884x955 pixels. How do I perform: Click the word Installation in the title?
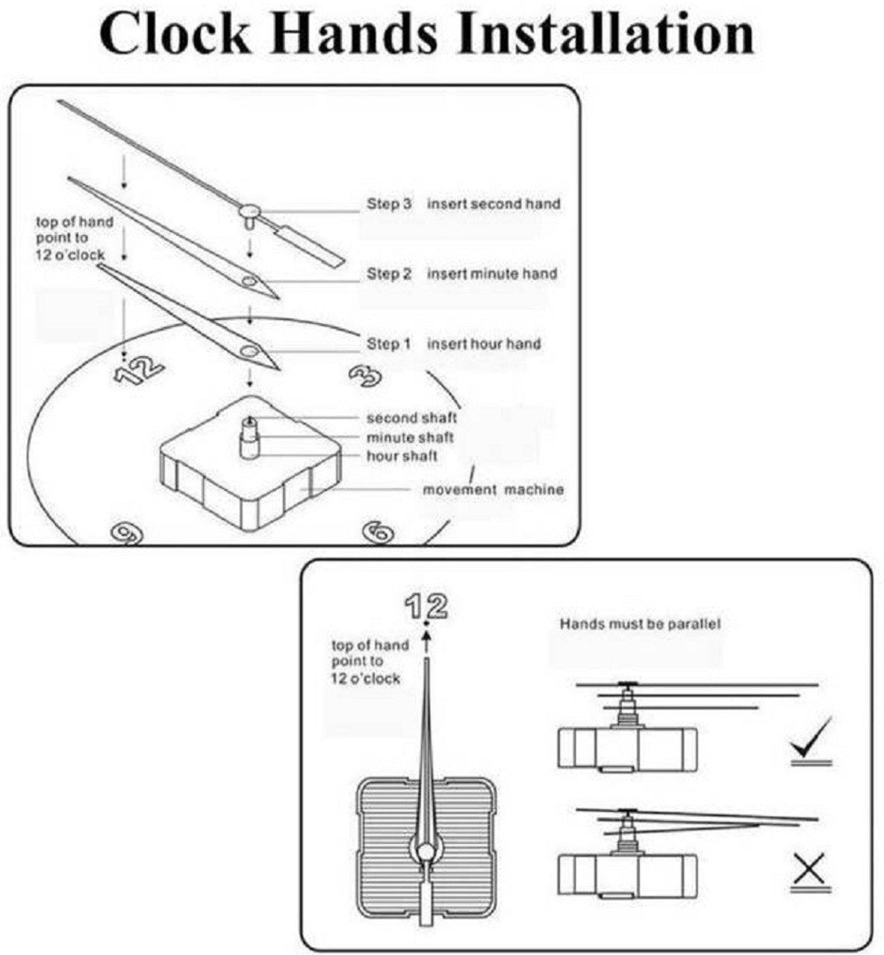coord(605,34)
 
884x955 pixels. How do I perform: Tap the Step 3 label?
coord(389,204)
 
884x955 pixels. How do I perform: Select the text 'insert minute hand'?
coord(492,274)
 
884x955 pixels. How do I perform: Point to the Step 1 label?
coord(388,343)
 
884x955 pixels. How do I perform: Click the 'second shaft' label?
coord(411,418)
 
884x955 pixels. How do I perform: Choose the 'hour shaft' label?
coord(402,455)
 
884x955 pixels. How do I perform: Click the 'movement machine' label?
coord(494,489)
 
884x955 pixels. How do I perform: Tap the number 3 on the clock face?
coord(365,375)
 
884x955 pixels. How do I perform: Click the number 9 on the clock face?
coord(127,533)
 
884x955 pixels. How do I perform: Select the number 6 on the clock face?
coord(379,532)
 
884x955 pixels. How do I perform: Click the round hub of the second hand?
coord(250,210)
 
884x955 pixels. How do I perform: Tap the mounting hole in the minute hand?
coord(249,281)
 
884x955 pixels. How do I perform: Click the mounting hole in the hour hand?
coord(249,351)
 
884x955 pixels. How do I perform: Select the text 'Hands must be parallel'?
coord(640,624)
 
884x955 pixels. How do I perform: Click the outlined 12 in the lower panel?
coord(426,607)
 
